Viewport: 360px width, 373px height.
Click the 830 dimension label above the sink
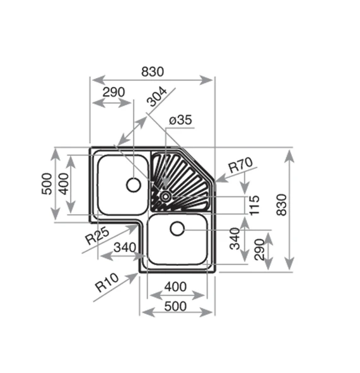coord(153,72)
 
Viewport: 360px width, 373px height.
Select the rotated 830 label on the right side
coord(282,205)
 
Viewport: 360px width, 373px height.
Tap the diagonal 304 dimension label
coord(156,96)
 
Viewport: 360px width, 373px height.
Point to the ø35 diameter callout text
coord(180,120)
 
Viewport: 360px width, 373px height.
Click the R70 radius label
coord(240,164)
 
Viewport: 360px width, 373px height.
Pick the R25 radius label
coord(97,236)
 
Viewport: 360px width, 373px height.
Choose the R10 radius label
coord(107,282)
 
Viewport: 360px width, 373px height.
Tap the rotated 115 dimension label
coord(254,205)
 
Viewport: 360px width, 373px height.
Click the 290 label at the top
coord(113,92)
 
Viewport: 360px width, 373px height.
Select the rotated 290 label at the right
coord(259,250)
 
